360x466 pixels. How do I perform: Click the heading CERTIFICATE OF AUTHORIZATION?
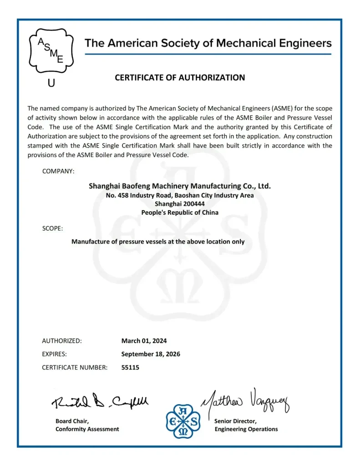(x=180, y=77)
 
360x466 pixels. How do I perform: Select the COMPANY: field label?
(x=58, y=171)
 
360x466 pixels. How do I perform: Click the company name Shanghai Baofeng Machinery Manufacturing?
(x=180, y=186)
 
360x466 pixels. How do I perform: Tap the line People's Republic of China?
(x=180, y=212)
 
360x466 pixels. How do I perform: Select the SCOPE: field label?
(x=52, y=228)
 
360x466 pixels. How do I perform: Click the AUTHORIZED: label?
(x=62, y=340)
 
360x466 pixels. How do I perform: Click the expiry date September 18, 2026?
(x=151, y=354)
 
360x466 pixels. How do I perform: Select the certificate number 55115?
(x=130, y=368)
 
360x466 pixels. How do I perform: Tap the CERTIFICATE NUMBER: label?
(x=75, y=368)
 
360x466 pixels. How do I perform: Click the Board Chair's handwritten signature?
(x=100, y=401)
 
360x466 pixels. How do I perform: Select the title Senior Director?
(x=235, y=421)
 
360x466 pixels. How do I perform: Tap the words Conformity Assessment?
(x=87, y=429)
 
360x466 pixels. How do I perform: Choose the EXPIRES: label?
(x=55, y=354)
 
